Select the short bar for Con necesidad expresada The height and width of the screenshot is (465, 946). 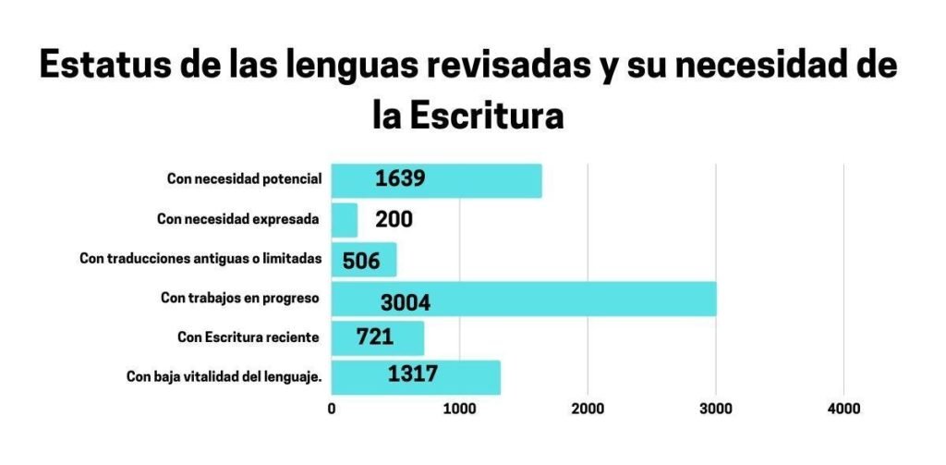point(345,220)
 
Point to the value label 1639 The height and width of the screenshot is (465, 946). point(400,178)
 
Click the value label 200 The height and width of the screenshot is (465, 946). point(394,220)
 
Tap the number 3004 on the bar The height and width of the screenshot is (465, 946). point(406,302)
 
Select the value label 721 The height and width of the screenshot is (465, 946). point(375,337)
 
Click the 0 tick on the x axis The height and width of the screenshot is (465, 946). point(332,408)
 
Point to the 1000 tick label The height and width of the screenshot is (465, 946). point(459,408)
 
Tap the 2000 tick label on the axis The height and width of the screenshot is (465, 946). point(588,408)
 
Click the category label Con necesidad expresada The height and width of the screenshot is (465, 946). point(238,219)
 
